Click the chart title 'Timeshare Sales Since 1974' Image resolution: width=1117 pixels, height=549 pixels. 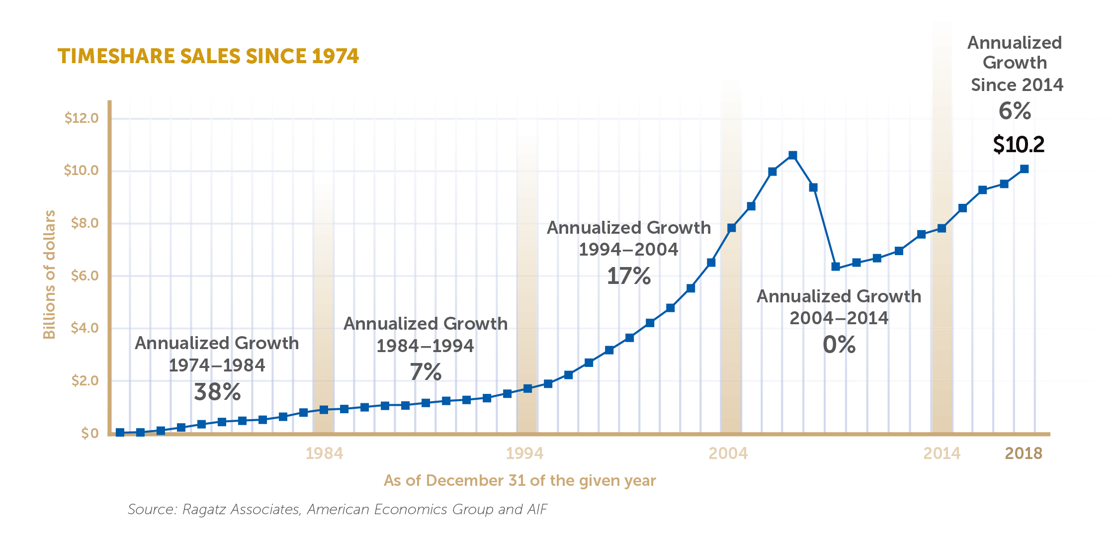208,56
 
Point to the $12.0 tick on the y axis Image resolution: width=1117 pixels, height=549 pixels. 82,118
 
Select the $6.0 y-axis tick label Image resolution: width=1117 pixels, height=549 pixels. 85,276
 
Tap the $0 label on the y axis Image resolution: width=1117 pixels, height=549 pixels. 90,433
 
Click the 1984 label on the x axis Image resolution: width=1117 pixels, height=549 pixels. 324,454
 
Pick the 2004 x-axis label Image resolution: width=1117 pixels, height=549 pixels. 728,454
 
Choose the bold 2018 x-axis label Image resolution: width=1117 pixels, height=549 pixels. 1024,454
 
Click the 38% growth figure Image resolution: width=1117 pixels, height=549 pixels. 217,392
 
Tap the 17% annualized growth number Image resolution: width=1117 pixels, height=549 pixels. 628,276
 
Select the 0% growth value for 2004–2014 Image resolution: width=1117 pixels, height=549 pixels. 839,345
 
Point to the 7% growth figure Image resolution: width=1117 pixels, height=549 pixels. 426,372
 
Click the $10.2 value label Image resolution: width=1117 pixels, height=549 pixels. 1019,145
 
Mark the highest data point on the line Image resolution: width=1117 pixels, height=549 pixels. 793,156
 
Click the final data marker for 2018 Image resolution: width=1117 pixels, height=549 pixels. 1024,169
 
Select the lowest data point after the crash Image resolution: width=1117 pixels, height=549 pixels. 836,267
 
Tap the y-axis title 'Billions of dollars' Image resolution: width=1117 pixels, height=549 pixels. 49,274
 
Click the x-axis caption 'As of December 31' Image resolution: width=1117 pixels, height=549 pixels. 519,481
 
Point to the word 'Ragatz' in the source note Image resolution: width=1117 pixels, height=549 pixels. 205,510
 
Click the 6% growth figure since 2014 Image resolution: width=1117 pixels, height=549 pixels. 1015,111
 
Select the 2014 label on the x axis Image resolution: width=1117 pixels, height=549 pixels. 942,454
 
